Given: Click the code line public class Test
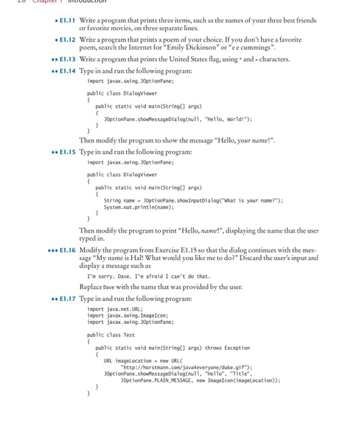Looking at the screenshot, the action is coord(111,335).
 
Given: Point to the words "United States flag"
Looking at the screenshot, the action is coord(190,59).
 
